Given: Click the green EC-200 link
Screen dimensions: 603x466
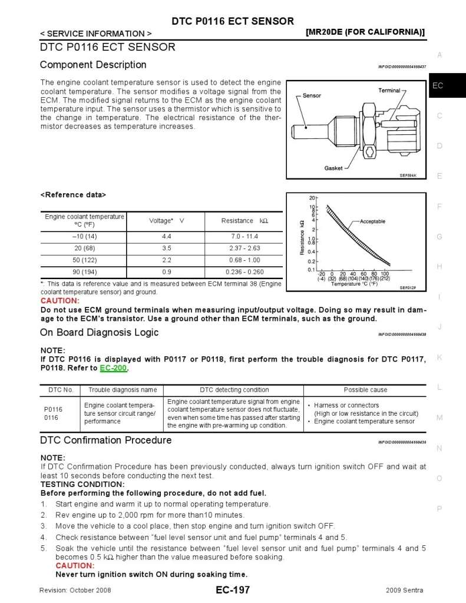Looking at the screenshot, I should click(114, 369).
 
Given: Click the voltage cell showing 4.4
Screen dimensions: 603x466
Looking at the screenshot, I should click(167, 236).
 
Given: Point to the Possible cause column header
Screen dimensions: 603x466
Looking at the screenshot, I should click(365, 390).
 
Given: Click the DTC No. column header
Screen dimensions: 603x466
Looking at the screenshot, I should click(60, 390).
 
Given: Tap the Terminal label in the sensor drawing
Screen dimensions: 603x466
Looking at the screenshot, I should click(389, 91).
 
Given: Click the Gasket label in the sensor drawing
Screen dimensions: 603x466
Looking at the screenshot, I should click(333, 168).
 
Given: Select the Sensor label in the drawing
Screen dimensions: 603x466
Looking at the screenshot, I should click(312, 95).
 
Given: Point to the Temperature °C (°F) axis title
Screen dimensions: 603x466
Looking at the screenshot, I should click(353, 284).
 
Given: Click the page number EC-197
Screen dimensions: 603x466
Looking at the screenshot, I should click(233, 590).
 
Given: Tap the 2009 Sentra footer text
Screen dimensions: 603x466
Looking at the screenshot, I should click(405, 590).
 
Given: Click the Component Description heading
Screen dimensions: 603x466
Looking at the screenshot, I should click(93, 65).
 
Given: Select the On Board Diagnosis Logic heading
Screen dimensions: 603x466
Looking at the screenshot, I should click(99, 333).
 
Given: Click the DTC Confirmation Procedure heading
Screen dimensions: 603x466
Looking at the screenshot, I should click(105, 440).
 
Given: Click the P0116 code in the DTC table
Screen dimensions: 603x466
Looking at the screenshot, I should click(53, 409).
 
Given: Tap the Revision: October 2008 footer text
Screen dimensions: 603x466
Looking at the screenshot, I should click(75, 590).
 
